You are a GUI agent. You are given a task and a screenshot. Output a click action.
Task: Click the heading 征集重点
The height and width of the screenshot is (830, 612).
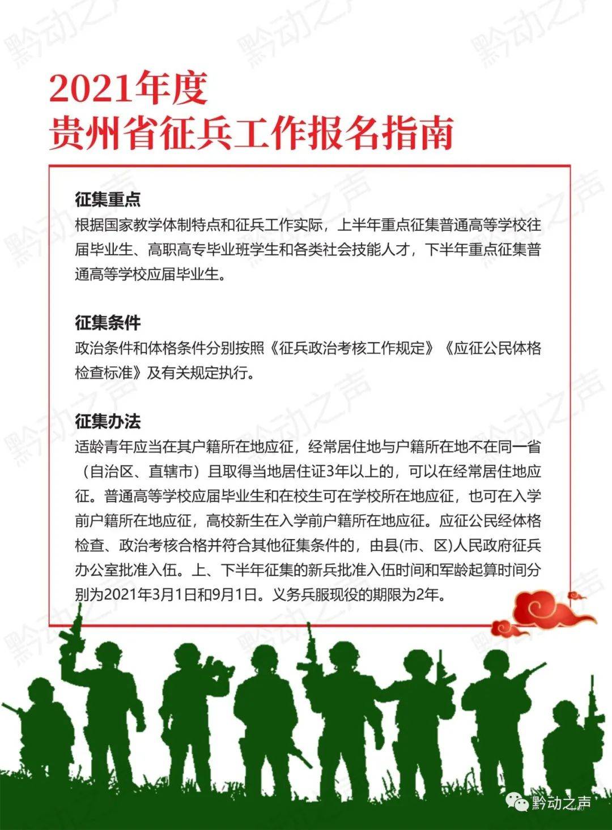coord(108,199)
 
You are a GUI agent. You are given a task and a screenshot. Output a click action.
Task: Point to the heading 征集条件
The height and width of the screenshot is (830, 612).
coord(108,323)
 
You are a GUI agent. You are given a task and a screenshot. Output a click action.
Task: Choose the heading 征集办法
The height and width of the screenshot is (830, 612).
coord(108,421)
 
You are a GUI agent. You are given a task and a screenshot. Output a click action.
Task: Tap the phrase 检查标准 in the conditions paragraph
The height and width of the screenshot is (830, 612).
coord(108,373)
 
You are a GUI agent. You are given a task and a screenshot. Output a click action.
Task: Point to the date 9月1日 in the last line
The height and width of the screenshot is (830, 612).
coord(233,595)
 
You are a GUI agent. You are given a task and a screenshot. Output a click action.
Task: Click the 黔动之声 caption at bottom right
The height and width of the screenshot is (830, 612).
coord(561,803)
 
